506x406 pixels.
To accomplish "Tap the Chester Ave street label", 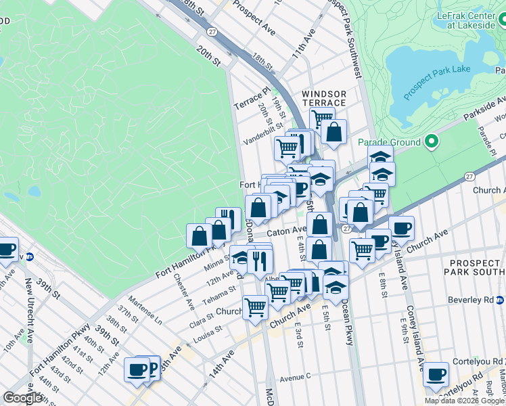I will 183,290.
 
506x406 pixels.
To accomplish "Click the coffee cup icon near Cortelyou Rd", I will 436,374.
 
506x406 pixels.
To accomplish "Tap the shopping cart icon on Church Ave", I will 255,308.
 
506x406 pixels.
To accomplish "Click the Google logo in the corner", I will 22,398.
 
